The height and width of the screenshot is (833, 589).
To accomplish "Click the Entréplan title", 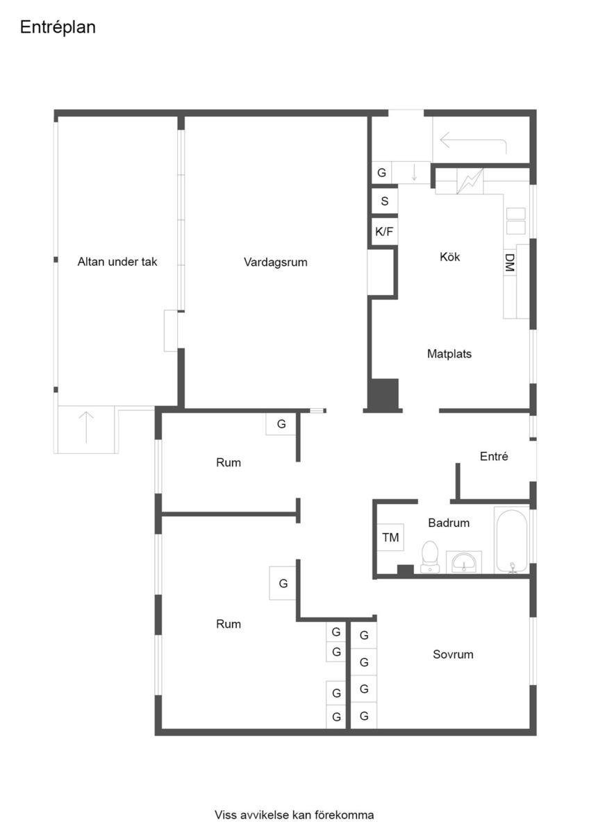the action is click(58, 28).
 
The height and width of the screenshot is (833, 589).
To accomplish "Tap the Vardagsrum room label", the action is click(275, 262).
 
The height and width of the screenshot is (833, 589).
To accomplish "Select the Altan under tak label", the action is click(117, 262).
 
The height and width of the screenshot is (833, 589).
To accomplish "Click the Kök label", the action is click(449, 257).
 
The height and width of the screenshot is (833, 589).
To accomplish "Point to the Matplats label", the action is click(449, 353).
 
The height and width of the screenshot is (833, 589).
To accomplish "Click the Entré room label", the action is click(494, 456).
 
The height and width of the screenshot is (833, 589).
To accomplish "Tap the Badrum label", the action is click(449, 523).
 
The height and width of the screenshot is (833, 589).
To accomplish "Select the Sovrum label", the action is click(453, 654).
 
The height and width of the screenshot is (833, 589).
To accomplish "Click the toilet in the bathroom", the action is click(430, 557).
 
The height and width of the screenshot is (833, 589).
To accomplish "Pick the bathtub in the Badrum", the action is click(512, 539).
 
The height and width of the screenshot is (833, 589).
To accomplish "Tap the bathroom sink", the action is click(463, 562).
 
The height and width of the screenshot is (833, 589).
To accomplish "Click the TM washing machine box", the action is click(390, 537).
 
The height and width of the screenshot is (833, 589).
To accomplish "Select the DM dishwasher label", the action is click(510, 262).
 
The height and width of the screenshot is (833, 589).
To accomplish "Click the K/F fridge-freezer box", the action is click(384, 232).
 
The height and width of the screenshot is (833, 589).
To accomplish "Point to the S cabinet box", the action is click(384, 201).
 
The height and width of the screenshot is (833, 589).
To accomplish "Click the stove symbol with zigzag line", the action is click(470, 181).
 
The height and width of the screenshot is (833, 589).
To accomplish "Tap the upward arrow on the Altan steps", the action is click(86, 428).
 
